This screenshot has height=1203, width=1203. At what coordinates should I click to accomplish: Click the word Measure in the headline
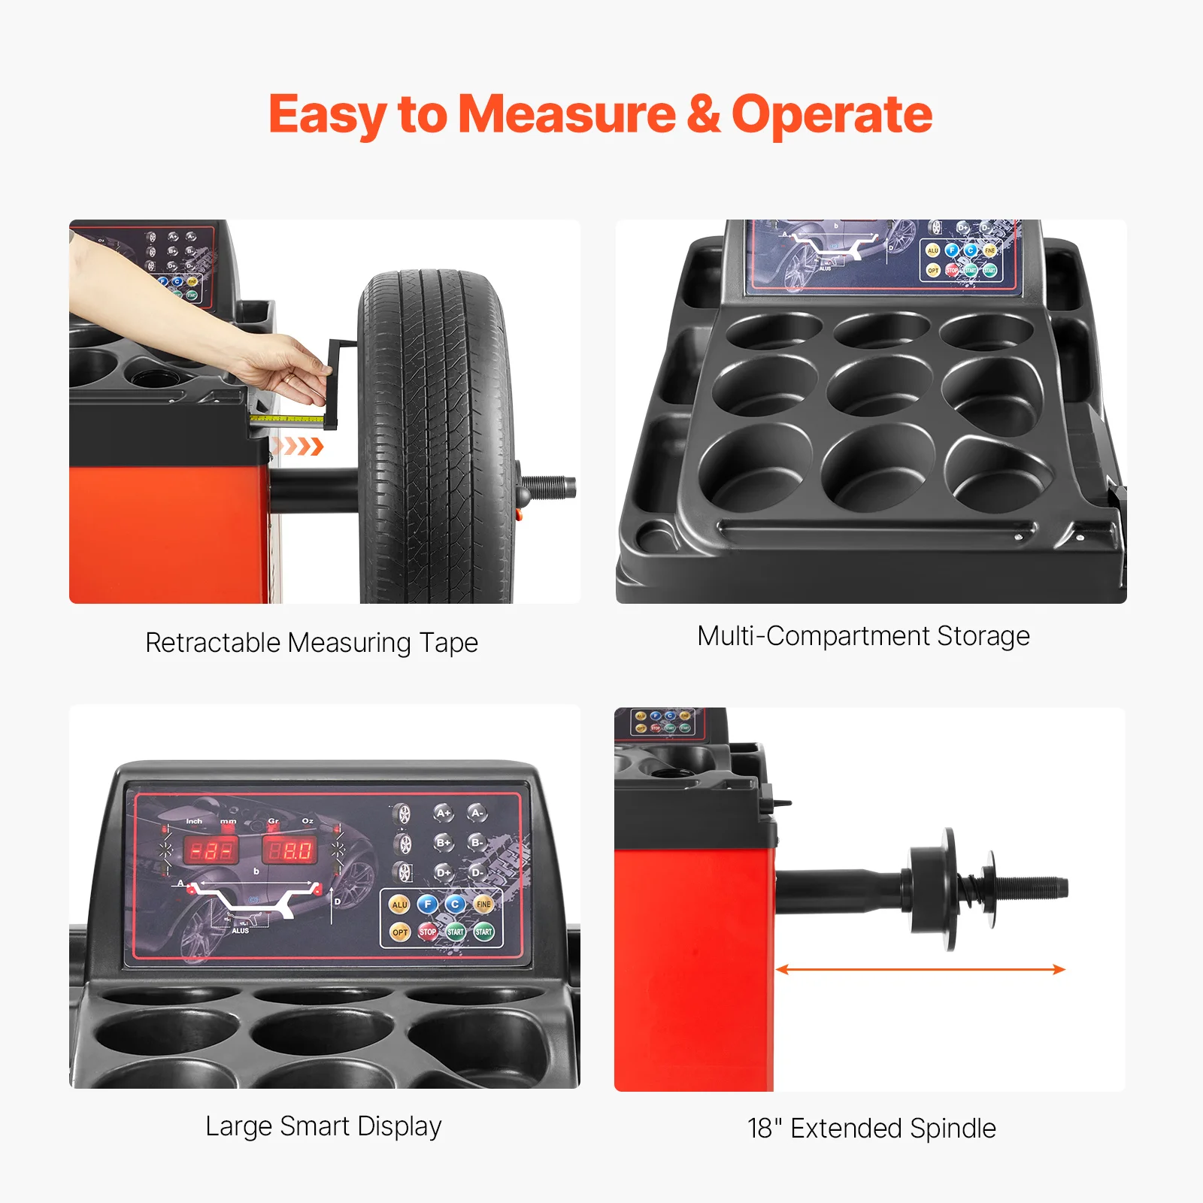567,114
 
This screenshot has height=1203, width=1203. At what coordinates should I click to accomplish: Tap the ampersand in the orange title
703,114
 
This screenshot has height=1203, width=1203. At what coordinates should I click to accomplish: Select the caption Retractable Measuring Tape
311,643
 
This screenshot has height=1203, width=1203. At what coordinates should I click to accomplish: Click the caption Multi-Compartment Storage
863,636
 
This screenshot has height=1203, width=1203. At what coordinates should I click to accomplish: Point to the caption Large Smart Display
323,1126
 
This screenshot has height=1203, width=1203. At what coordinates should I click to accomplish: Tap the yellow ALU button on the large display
399,905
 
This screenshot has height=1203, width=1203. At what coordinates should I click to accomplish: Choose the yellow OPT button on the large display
399,932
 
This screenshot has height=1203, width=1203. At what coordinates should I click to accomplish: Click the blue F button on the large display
427,904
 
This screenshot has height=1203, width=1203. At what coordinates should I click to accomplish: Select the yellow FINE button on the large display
483,904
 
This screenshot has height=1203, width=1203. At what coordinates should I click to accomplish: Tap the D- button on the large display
477,872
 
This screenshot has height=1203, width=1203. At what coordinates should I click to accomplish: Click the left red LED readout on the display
211,850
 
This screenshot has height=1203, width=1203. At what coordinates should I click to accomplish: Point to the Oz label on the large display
308,821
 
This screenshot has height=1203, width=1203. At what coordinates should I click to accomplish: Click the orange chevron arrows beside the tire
299,447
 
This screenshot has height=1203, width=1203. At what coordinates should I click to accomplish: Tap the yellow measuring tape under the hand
286,418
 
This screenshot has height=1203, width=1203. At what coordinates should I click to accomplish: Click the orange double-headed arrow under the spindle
920,969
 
